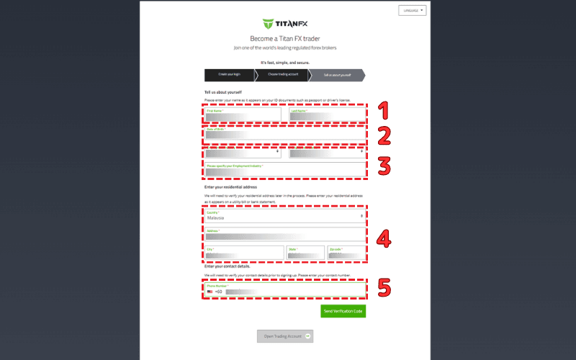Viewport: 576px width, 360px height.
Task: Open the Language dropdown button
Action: point(412,11)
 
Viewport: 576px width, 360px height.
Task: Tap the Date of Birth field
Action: point(285,133)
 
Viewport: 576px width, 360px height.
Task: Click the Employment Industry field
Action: point(285,169)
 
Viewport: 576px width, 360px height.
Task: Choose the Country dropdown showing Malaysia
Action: point(285,215)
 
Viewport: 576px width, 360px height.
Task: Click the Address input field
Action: point(285,234)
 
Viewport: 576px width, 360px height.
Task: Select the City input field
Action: point(244,253)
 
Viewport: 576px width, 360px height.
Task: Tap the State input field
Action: point(305,253)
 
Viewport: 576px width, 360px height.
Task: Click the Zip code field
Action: point(346,253)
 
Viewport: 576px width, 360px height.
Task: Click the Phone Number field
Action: point(285,289)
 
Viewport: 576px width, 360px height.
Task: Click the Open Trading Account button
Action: point(285,336)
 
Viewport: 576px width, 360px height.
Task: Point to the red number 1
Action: point(383,110)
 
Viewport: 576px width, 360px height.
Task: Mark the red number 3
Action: point(384,165)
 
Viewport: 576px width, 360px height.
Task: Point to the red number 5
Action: point(384,288)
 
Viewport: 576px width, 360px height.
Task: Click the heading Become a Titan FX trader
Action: point(284,38)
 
